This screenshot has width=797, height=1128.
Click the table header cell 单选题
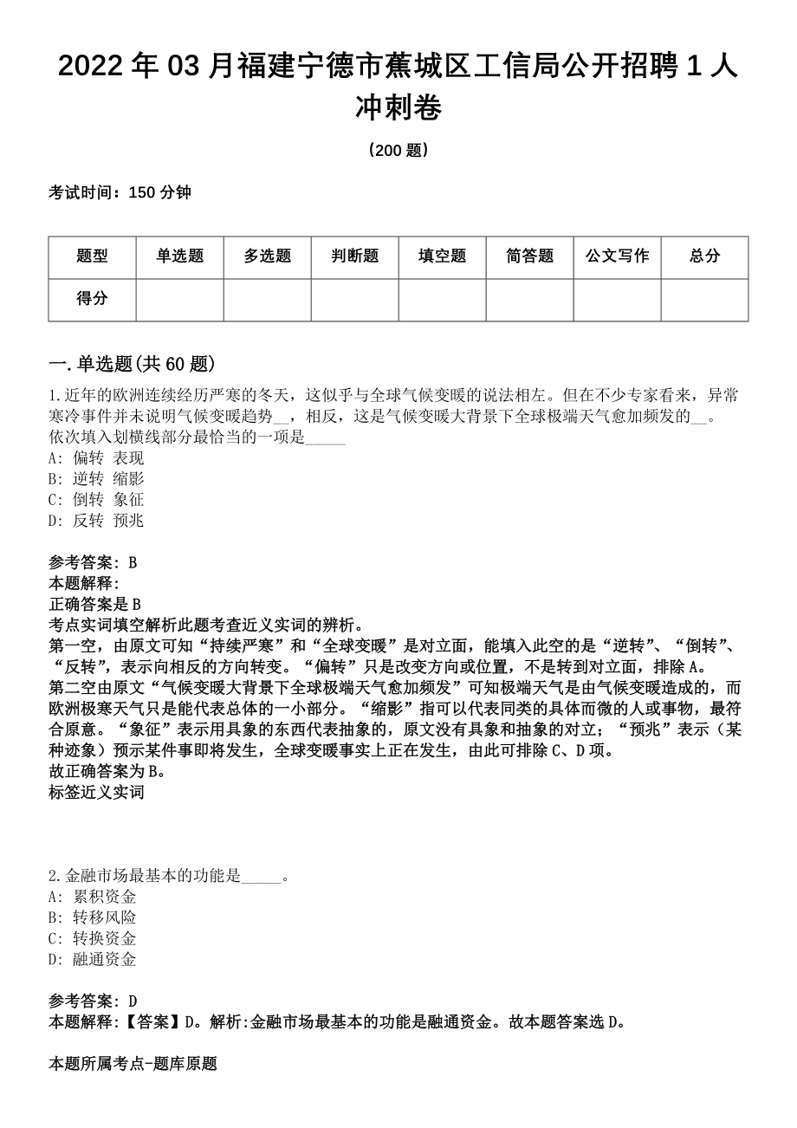[x=179, y=256]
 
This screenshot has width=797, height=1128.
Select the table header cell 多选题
[x=267, y=256]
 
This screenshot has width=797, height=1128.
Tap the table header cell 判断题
[x=354, y=256]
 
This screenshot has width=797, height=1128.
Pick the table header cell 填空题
[x=442, y=256]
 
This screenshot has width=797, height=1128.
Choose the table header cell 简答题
[x=529, y=256]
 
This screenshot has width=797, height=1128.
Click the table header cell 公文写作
[x=617, y=256]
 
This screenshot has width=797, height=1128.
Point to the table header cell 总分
[x=704, y=256]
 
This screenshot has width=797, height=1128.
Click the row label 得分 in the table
[x=92, y=299]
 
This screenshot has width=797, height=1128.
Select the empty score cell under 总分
[x=704, y=300]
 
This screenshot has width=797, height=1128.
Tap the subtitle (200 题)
[x=398, y=151]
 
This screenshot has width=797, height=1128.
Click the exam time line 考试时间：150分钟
[x=120, y=193]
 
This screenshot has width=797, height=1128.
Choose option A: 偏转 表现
[x=96, y=458]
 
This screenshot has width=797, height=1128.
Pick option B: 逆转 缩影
[x=96, y=479]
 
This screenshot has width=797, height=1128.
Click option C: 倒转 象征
[x=96, y=500]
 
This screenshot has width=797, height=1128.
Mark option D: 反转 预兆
[x=96, y=521]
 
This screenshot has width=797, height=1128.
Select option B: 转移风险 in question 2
[x=93, y=917]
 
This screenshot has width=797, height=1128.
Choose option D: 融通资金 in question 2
[x=93, y=959]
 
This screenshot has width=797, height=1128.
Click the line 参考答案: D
[x=93, y=1001]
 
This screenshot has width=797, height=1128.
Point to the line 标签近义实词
[x=96, y=792]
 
